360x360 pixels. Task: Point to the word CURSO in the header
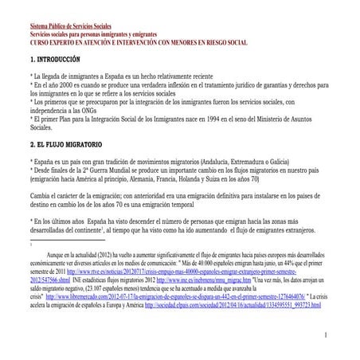pos(41,42)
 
